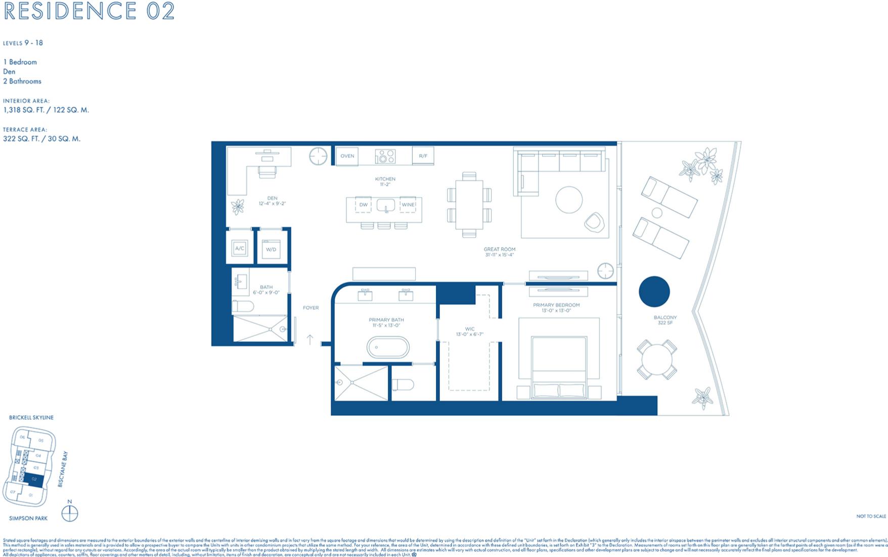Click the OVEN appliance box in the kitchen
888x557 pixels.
[x=347, y=156]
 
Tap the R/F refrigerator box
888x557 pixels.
[x=423, y=156]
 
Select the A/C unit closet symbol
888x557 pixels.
[x=240, y=249]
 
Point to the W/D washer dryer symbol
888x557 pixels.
[x=272, y=249]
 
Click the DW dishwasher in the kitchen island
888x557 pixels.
[x=364, y=205]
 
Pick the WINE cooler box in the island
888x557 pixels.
[x=408, y=205]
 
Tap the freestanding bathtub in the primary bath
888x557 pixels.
[x=388, y=348]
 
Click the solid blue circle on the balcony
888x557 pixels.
[x=654, y=292]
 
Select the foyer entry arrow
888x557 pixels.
[x=310, y=339]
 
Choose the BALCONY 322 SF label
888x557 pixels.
[x=665, y=320]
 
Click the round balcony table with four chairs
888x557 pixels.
[x=656, y=360]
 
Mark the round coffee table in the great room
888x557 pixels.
[x=569, y=200]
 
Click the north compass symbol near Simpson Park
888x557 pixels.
[x=70, y=513]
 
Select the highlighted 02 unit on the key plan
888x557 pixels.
[x=34, y=479]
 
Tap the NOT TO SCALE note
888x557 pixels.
[x=871, y=516]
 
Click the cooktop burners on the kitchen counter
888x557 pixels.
[x=385, y=156]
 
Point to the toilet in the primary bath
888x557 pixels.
[x=403, y=385]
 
